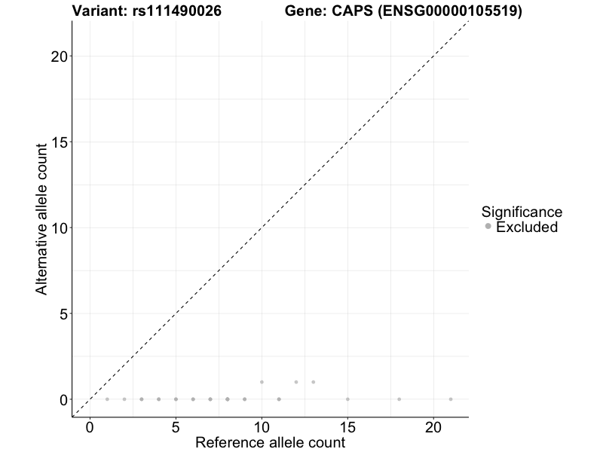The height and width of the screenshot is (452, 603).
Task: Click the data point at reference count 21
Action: (451, 399)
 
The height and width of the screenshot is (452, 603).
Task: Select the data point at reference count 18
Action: (399, 399)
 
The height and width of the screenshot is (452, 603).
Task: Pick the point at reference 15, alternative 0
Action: (347, 399)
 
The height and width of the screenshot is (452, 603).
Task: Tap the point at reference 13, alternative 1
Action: (314, 382)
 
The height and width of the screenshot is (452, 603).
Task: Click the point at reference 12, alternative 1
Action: (296, 382)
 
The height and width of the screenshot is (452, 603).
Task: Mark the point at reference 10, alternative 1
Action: (262, 382)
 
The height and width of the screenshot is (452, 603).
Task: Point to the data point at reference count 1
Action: (107, 399)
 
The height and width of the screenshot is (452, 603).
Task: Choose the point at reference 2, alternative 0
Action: (124, 399)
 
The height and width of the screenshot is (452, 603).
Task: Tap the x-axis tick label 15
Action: (347, 427)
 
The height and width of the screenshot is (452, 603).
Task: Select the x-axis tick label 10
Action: (262, 427)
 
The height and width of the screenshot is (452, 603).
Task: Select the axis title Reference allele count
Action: (270, 443)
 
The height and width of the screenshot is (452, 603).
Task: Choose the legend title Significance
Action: (522, 212)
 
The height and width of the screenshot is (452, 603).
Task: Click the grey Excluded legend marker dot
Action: (488, 227)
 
